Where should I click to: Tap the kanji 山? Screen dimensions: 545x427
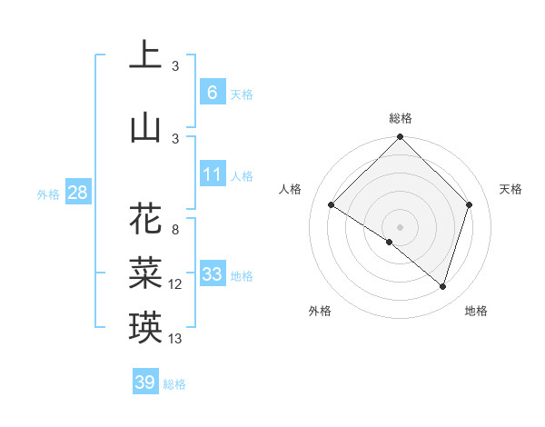[x=145, y=127]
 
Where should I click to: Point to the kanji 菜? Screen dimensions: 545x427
[x=145, y=273]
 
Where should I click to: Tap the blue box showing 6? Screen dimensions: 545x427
[x=212, y=92]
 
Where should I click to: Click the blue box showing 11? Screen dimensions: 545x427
[x=212, y=174]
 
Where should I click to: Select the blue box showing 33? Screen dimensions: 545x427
[x=212, y=274]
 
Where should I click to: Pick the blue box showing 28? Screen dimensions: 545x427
[x=77, y=193]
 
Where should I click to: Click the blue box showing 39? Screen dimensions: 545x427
[x=145, y=382]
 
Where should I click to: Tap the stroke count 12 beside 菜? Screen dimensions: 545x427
[x=175, y=284]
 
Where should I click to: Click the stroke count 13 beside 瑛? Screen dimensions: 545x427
[x=175, y=339]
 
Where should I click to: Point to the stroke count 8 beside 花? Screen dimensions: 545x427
[x=175, y=229]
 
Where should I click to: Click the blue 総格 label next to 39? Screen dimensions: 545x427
[x=174, y=384]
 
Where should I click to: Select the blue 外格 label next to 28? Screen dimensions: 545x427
[x=48, y=194]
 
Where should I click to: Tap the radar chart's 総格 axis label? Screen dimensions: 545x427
[x=400, y=118]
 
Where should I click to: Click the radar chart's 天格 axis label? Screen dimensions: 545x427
[x=510, y=189]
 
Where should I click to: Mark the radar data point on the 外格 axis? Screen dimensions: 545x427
[x=390, y=242]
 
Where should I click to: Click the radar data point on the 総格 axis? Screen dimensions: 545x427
[x=400, y=137]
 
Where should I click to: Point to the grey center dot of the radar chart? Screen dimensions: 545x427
[x=400, y=225]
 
